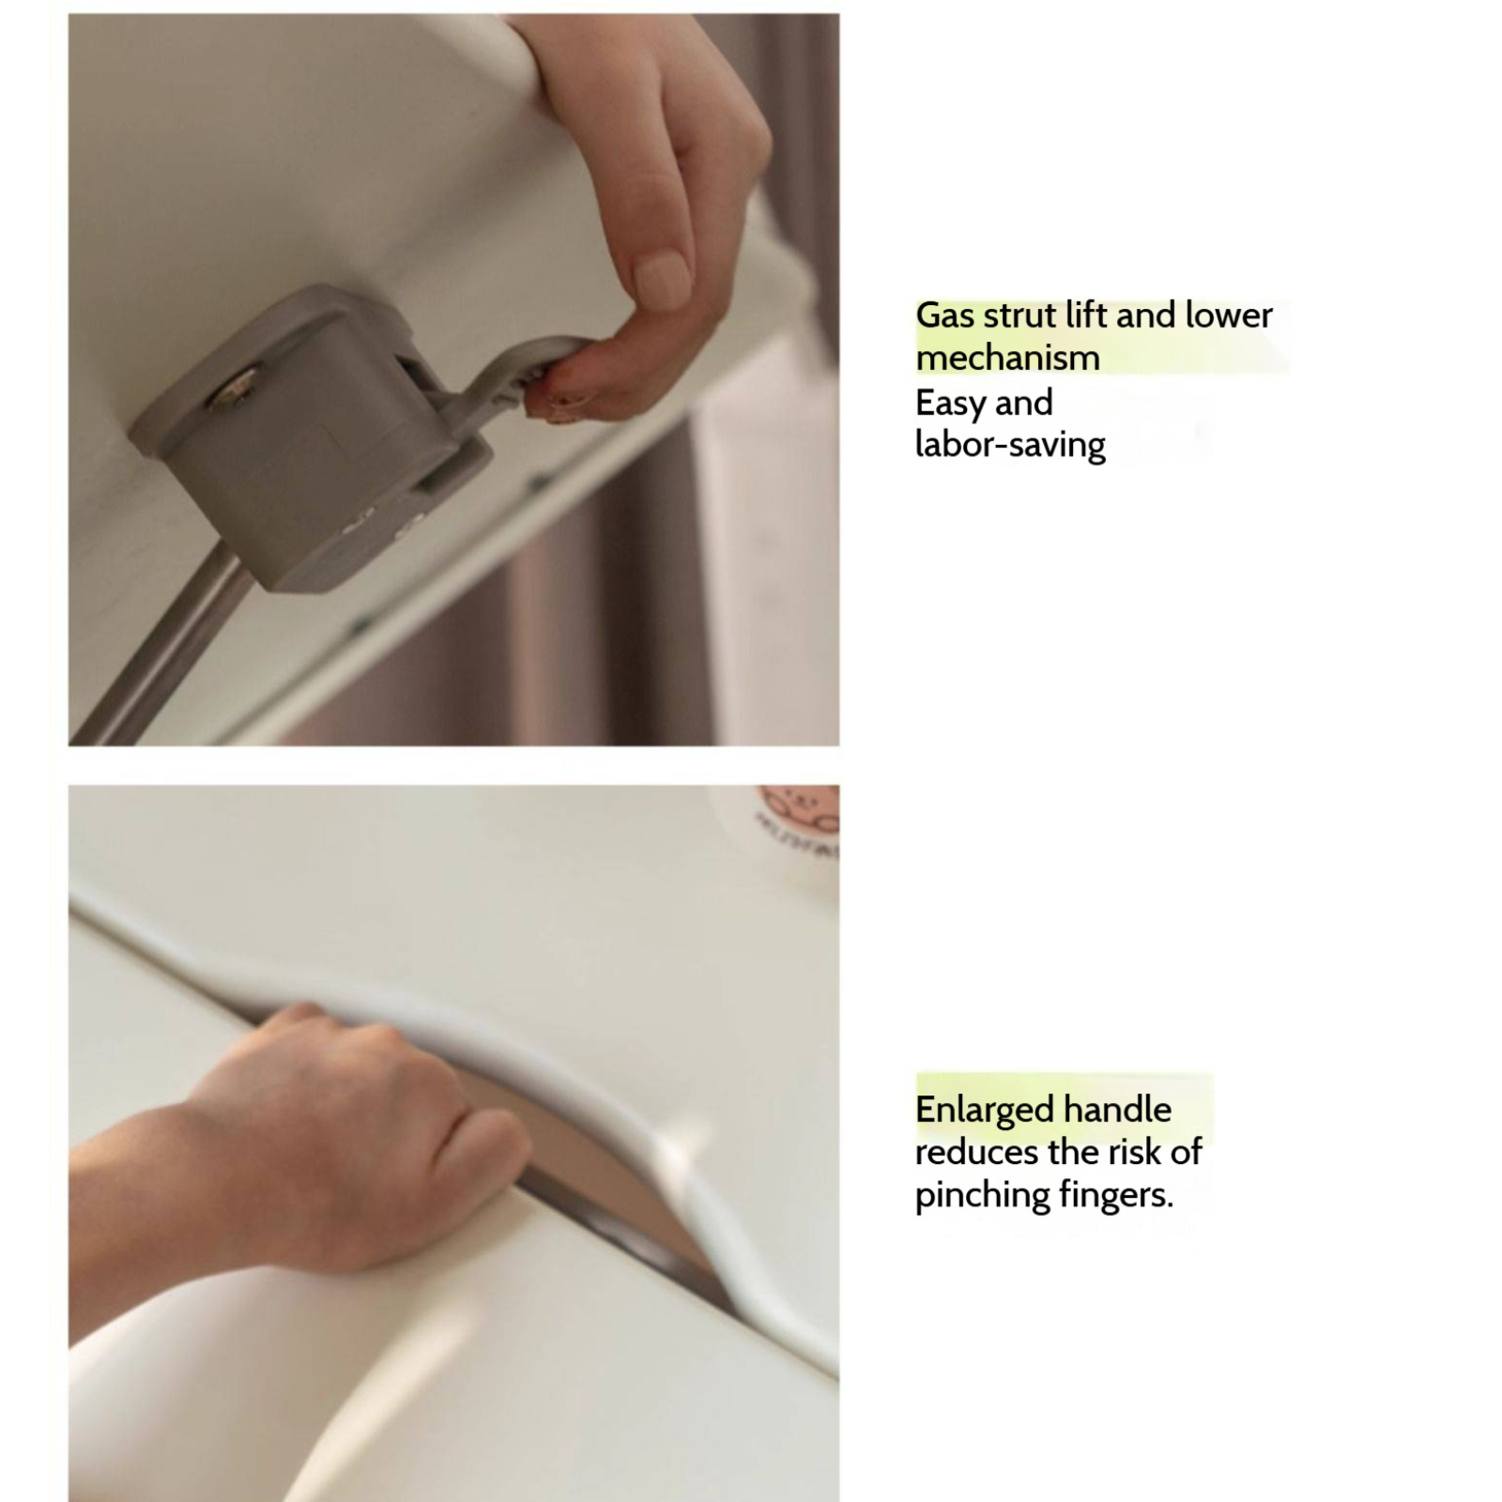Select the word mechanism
click(1008, 358)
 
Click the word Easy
click(950, 405)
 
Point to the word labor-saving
click(1011, 445)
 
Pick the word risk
click(1132, 1153)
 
